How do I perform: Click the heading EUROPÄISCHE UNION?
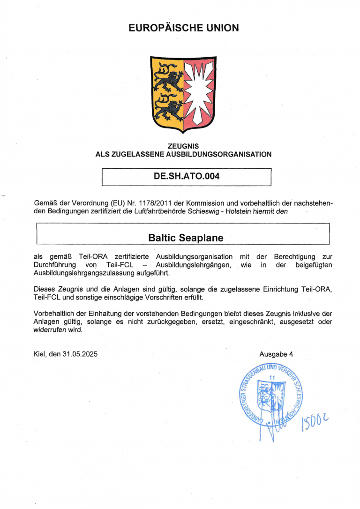click(183, 28)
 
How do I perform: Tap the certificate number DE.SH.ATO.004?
click(187, 177)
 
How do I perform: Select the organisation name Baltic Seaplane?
click(186, 238)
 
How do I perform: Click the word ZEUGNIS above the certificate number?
click(183, 146)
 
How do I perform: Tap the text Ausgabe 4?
click(276, 354)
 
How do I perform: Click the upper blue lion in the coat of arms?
click(168, 79)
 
